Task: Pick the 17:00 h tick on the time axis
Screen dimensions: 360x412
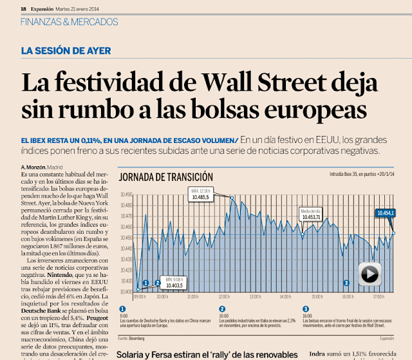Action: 378,298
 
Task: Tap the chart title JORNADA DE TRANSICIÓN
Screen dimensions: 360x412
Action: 166,176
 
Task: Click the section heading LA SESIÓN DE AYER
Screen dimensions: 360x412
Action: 66,51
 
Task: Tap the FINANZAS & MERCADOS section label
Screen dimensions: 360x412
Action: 70,22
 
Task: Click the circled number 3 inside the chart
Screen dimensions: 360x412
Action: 346,283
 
